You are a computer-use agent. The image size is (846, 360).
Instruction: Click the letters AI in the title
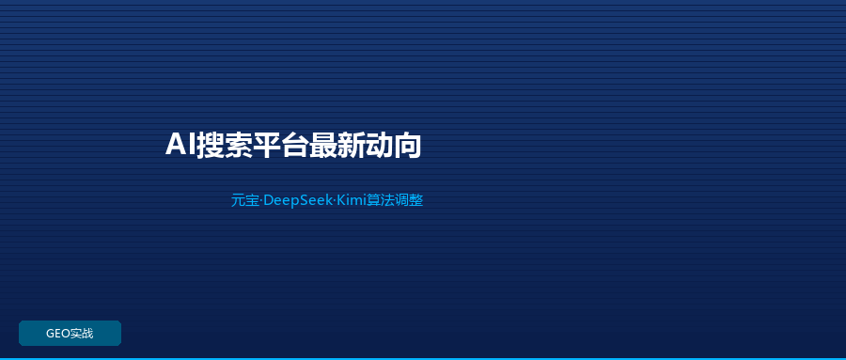[180, 145]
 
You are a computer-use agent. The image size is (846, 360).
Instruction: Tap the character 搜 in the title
[210, 145]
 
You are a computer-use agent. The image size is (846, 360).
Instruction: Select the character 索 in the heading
[239, 145]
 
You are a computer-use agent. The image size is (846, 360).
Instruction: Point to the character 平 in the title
[267, 145]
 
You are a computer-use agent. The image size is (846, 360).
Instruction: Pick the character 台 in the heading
[294, 145]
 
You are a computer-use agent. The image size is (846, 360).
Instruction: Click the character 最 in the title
[322, 145]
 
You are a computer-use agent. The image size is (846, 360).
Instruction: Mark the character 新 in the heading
[351, 145]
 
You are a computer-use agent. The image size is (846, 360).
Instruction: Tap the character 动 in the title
[379, 145]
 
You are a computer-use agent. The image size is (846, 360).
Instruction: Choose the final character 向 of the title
[407, 145]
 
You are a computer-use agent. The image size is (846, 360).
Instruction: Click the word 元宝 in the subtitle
[245, 200]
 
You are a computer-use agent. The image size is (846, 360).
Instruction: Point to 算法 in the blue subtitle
[381, 200]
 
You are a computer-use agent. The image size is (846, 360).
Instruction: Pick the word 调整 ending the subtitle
[409, 200]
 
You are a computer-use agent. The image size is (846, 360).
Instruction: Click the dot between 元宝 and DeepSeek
[261, 201]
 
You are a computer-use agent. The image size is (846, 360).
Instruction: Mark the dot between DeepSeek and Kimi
[335, 201]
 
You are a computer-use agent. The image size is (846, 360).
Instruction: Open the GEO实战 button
[70, 333]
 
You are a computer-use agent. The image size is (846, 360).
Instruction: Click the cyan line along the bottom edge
[423, 358]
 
